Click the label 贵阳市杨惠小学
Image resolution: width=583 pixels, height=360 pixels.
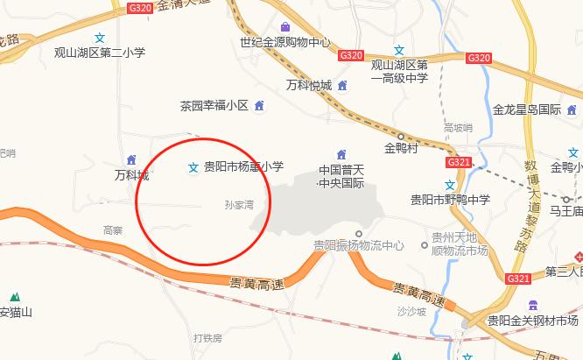click(x=243, y=166)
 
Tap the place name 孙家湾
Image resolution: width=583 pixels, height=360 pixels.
click(x=239, y=206)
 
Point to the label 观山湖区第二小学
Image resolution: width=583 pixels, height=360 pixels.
click(x=100, y=53)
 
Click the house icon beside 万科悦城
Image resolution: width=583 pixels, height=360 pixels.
click(x=342, y=85)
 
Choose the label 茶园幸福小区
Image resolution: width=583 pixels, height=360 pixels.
click(x=214, y=106)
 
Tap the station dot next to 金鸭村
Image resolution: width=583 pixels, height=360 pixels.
click(x=401, y=136)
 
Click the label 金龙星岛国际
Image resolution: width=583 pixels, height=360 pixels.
click(x=527, y=109)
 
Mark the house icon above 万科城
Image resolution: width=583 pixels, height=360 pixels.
click(x=131, y=159)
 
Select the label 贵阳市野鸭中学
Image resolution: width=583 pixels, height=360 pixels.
click(x=450, y=199)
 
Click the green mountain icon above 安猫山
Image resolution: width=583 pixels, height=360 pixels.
click(x=14, y=297)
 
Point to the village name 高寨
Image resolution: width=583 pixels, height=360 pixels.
click(x=113, y=230)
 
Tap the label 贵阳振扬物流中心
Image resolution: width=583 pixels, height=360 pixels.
click(x=359, y=246)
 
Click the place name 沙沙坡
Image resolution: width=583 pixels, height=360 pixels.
click(x=410, y=311)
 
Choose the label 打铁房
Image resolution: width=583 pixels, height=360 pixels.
click(x=208, y=337)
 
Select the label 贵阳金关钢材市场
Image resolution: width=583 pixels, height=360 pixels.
click(x=533, y=321)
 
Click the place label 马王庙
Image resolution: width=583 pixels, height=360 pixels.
click(x=565, y=211)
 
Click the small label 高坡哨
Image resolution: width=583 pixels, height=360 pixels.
click(x=458, y=128)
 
